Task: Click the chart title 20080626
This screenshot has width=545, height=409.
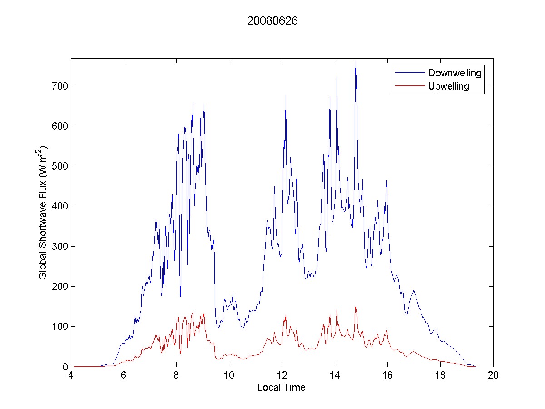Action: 272,21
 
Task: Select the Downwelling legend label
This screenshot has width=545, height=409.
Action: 454,73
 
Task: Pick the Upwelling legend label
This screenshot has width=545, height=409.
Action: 448,86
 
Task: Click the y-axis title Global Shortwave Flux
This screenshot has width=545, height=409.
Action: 43,213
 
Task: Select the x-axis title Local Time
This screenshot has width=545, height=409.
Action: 281,388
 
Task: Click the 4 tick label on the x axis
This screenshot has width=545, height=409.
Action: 71,376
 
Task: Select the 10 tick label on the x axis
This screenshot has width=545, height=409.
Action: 229,376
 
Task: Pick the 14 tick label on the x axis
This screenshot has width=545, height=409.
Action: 335,376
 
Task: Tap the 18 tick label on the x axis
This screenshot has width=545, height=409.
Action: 440,376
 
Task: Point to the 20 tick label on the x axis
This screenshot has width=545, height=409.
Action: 493,376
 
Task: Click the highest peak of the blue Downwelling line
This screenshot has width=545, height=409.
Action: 356,61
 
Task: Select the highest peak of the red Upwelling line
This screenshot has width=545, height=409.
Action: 356,307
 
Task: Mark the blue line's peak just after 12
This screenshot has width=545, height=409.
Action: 286,95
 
